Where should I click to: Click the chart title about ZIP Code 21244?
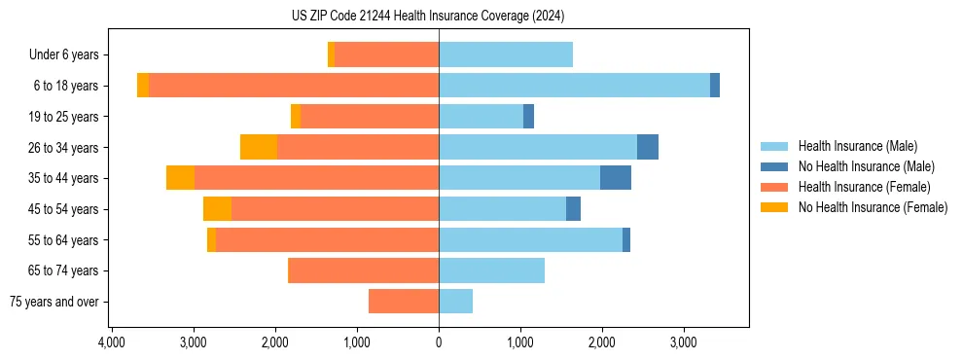pyautogui.click(x=428, y=17)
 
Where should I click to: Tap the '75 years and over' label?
pyautogui.click(x=53, y=302)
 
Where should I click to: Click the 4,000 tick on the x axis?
pyautogui.click(x=112, y=342)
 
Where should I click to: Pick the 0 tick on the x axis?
pyautogui.click(x=439, y=342)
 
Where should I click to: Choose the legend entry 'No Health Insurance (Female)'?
pyautogui.click(x=873, y=207)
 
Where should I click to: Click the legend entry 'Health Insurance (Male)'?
pyautogui.click(x=857, y=146)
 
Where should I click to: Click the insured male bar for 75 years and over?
pyautogui.click(x=455, y=302)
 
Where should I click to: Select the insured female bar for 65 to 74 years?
pyautogui.click(x=363, y=270)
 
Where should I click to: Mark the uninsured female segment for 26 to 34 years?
pyautogui.click(x=259, y=147)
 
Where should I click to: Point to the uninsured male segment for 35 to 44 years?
pyautogui.click(x=616, y=178)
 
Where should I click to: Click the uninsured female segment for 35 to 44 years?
pyautogui.click(x=180, y=178)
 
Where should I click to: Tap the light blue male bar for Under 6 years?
pyautogui.click(x=506, y=54)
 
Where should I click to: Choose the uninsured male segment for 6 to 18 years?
pyautogui.click(x=715, y=86)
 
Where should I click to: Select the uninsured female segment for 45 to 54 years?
pyautogui.click(x=217, y=209)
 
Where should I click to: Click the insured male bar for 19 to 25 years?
pyautogui.click(x=481, y=117)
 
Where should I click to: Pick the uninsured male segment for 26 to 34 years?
pyautogui.click(x=648, y=147)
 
